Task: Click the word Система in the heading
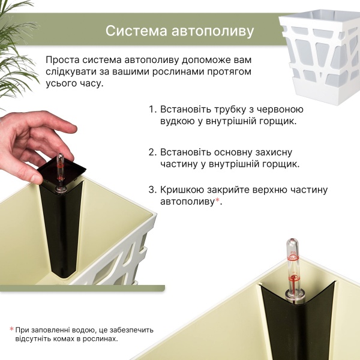pyautogui.click(x=136, y=31)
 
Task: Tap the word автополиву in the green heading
pyautogui.click(x=213, y=31)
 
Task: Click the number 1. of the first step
pyautogui.click(x=152, y=110)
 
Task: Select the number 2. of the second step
pyautogui.click(x=152, y=152)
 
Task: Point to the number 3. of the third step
pyautogui.click(x=152, y=190)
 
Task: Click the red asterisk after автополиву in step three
pyautogui.click(x=217, y=201)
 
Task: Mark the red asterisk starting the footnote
pyautogui.click(x=11, y=329)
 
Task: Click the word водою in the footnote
pyautogui.click(x=86, y=331)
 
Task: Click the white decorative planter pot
pyautogui.click(x=320, y=56)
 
